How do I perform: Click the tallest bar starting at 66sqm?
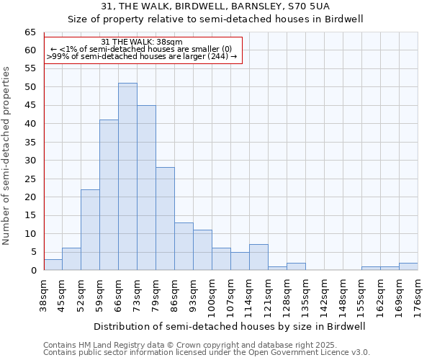pyautogui.click(x=127, y=176)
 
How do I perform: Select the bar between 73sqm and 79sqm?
pyautogui.click(x=146, y=187)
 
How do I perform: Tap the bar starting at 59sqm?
pyautogui.click(x=109, y=194)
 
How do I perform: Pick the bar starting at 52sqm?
pyautogui.click(x=90, y=230)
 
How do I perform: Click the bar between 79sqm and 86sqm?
pyautogui.click(x=165, y=219)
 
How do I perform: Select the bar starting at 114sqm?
pyautogui.click(x=258, y=258)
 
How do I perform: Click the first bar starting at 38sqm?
pyautogui.click(x=53, y=264)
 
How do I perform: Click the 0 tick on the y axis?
pyautogui.click(x=32, y=271)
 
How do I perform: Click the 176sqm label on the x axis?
pyautogui.click(x=418, y=295)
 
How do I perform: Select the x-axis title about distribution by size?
pyautogui.click(x=230, y=326)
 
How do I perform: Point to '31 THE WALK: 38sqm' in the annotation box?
pyautogui.click(x=142, y=42)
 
